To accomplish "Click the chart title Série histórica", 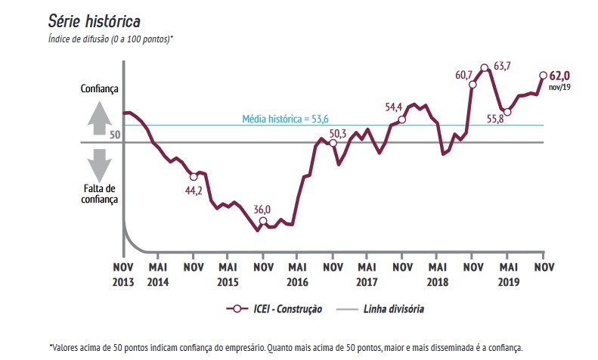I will point(95,20).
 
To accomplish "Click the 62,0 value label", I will point(560,76).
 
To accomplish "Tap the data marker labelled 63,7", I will point(485,68).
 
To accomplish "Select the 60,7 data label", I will point(464,73).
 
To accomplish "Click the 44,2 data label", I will point(194,190).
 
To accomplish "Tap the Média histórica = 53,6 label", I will point(286,119).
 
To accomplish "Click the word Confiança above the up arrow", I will point(100,89).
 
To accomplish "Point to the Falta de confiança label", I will point(100,194).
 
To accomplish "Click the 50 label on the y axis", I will point(115,135).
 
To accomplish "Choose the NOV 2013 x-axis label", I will point(123,273).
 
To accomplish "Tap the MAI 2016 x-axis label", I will point(297,273).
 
